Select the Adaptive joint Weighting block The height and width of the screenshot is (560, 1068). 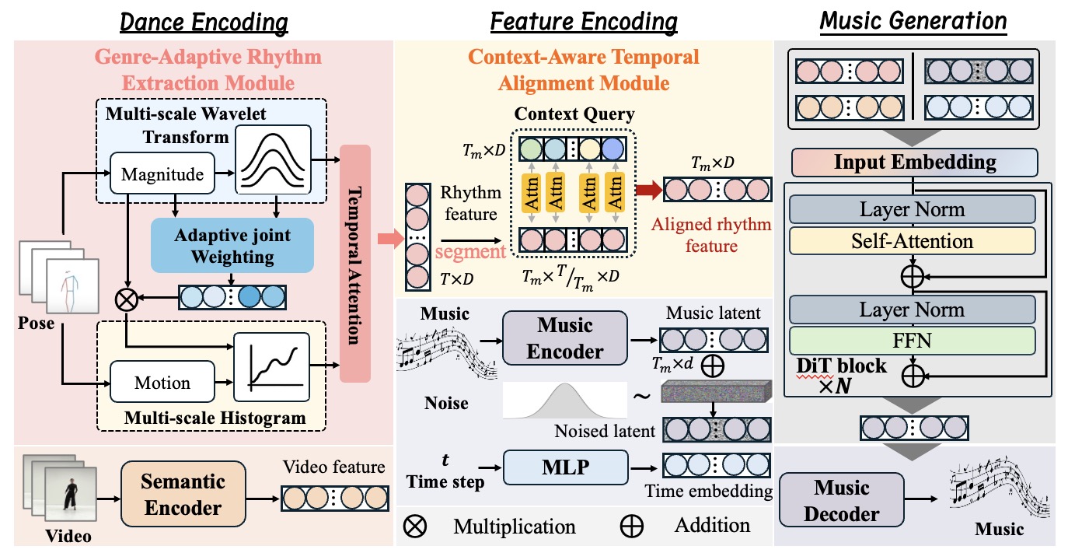[x=232, y=245]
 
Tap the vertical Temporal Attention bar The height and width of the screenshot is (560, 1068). [x=356, y=264]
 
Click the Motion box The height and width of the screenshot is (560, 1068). [x=162, y=382]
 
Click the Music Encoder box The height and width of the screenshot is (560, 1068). [x=564, y=338]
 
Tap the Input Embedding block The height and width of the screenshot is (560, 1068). [x=914, y=163]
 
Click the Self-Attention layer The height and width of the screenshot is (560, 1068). [x=913, y=241]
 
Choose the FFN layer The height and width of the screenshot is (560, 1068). [x=913, y=340]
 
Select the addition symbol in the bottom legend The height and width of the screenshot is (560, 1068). [x=632, y=526]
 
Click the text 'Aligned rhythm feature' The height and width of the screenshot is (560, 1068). [x=711, y=235]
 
